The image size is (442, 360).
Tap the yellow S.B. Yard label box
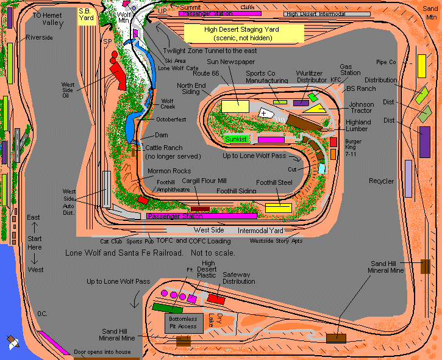[x=85, y=15]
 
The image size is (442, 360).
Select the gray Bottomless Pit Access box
[x=183, y=323]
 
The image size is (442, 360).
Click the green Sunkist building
[x=235, y=139]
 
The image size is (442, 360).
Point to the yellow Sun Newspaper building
[x=235, y=106]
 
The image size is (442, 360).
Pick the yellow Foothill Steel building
[x=278, y=208]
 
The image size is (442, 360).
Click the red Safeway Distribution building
[x=216, y=299]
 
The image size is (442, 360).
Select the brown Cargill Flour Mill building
[x=200, y=209]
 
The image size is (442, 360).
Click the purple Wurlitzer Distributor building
[x=301, y=103]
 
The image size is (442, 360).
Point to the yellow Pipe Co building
[x=421, y=66]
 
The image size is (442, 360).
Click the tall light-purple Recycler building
[x=408, y=179]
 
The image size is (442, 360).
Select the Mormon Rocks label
[x=168, y=171]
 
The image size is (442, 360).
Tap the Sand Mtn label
[x=430, y=13]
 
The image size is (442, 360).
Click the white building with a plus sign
[x=264, y=113]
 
